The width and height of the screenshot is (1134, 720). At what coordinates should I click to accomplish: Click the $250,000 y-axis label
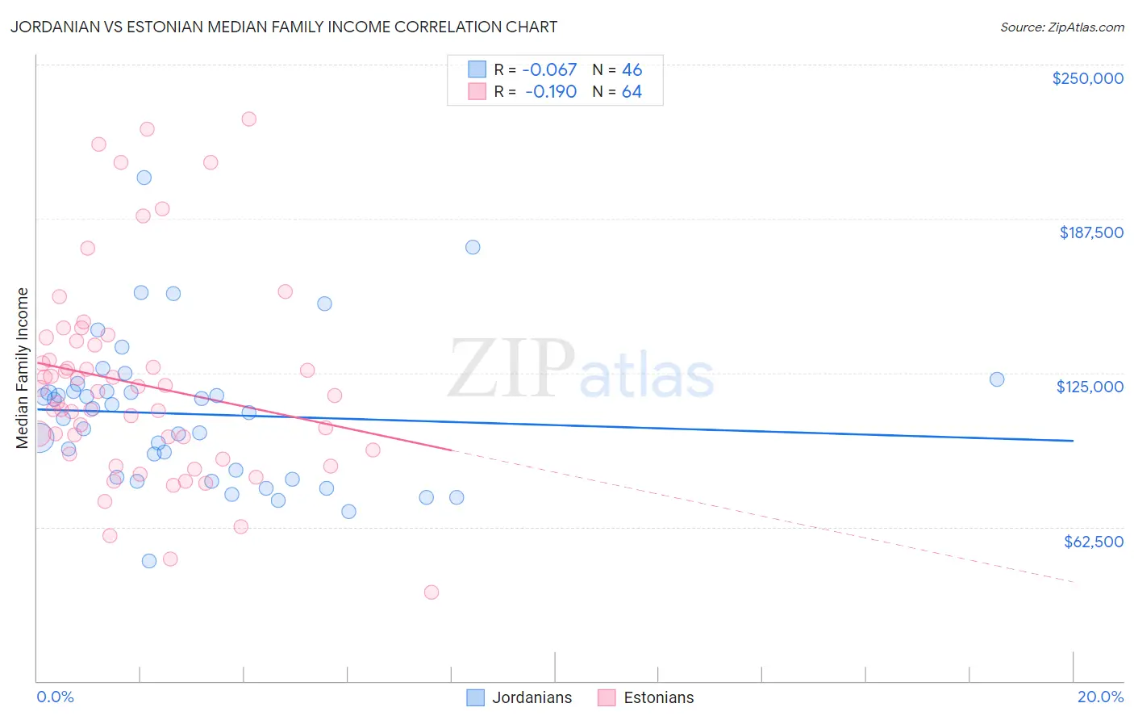pos(1087,78)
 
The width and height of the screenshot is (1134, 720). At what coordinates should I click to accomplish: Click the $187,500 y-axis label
pos(1090,232)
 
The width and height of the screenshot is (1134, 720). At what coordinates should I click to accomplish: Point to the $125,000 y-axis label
pos(1090,387)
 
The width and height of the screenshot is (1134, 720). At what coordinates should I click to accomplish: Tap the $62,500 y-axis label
pos(1093,542)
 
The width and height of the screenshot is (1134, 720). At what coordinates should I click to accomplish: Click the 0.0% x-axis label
pos(55,697)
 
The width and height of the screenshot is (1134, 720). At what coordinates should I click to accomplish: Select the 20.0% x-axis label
pos(1100,697)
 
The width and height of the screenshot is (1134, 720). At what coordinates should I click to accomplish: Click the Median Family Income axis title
pos(23,368)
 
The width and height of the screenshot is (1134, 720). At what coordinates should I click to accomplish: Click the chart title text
pos(283,27)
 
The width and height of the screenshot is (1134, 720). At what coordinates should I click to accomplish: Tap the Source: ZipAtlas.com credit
pos(1061,27)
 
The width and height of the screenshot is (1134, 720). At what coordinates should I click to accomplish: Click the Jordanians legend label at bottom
pos(532,697)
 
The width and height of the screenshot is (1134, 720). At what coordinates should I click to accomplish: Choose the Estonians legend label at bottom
pos(658,697)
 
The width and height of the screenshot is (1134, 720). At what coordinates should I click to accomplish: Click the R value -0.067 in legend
pos(551,70)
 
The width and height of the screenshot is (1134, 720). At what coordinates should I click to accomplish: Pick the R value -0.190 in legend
pos(551,92)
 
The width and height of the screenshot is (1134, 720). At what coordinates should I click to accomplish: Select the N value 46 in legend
pos(632,70)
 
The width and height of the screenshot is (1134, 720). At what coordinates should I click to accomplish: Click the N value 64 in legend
pos(632,92)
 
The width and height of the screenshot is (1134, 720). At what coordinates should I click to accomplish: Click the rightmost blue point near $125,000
pos(997,379)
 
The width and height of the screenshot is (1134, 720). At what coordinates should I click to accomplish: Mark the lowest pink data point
pos(432,592)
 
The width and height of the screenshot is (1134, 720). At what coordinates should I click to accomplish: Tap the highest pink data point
pos(248,119)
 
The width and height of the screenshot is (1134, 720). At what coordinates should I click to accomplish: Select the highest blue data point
pos(144,178)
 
